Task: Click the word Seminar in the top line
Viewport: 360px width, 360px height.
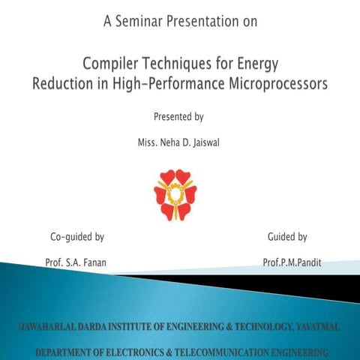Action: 145,22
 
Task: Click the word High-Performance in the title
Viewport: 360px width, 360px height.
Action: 159,84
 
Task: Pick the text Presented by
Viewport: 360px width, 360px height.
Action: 178,116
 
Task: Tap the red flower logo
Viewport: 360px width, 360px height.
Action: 175,194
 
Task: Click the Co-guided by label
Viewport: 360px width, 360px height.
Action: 76,237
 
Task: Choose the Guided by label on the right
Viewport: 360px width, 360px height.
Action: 287,237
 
